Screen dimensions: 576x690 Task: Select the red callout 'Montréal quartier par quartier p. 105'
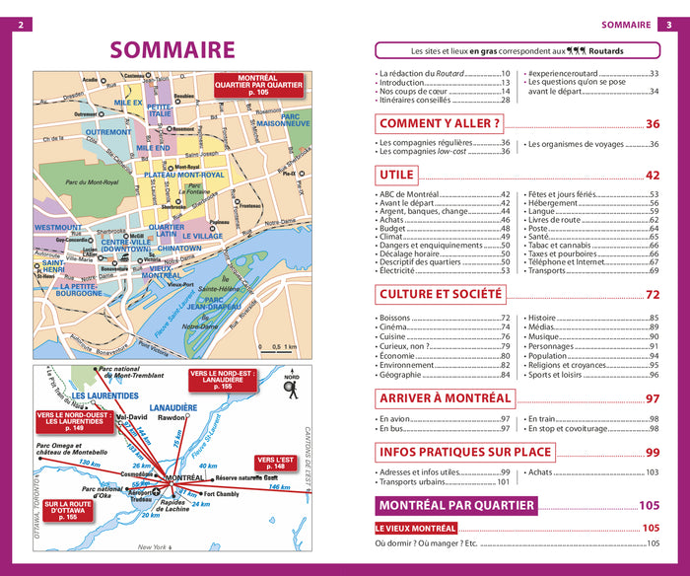click(x=257, y=84)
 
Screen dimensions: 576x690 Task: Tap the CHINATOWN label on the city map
click(x=178, y=249)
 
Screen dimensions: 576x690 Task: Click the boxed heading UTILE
click(x=396, y=176)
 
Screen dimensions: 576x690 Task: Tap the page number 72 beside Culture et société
click(x=652, y=295)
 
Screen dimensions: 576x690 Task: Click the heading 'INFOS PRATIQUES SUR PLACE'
click(x=466, y=453)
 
